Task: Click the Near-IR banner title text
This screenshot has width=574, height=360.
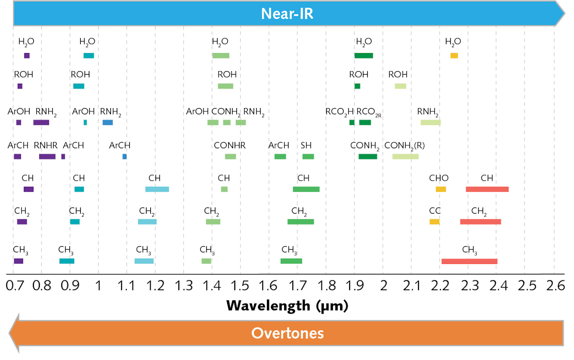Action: pyautogui.click(x=287, y=13)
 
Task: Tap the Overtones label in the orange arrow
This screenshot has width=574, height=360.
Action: pyautogui.click(x=287, y=333)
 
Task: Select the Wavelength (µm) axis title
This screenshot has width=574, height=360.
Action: pyautogui.click(x=287, y=305)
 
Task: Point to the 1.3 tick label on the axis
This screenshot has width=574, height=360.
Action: pyautogui.click(x=183, y=287)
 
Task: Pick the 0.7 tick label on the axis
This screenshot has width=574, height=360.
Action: pyautogui.click(x=14, y=287)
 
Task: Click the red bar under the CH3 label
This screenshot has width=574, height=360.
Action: pyautogui.click(x=469, y=261)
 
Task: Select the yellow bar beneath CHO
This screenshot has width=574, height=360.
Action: pyautogui.click(x=441, y=189)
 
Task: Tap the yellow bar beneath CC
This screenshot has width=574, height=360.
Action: pyautogui.click(x=434, y=222)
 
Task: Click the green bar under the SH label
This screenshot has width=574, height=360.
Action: pyautogui.click(x=308, y=156)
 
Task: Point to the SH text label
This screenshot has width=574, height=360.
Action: pyautogui.click(x=306, y=145)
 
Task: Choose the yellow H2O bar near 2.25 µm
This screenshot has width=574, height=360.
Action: pyautogui.click(x=454, y=56)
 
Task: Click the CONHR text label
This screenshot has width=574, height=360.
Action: pyautogui.click(x=230, y=145)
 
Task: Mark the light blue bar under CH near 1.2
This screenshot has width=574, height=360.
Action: pyautogui.click(x=157, y=189)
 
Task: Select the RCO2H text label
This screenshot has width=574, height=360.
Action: pyautogui.click(x=340, y=112)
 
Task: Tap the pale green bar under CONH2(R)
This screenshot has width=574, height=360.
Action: pyautogui.click(x=405, y=156)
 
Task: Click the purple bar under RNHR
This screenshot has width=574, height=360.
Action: pyautogui.click(x=47, y=156)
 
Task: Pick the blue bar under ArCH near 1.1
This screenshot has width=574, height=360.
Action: pyautogui.click(x=124, y=156)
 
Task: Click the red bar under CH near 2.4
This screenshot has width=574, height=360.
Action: pyautogui.click(x=487, y=189)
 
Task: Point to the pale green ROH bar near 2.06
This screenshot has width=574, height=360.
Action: pyautogui.click(x=400, y=86)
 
